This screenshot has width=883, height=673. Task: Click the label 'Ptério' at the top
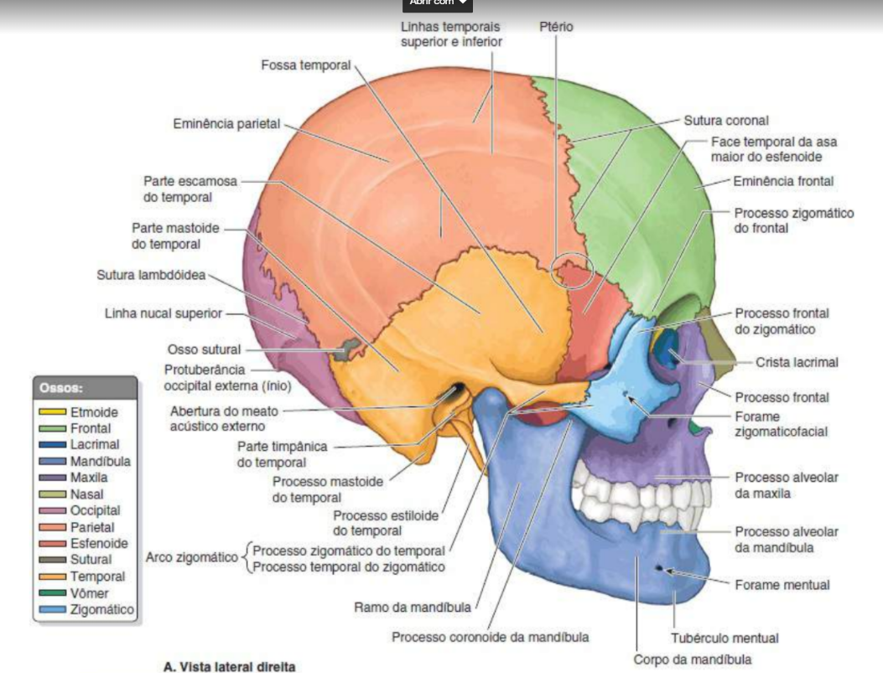pos(557,27)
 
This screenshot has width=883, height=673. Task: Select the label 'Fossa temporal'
pos(305,65)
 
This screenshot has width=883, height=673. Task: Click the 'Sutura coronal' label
pos(726,121)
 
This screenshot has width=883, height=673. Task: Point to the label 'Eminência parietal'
pos(226,124)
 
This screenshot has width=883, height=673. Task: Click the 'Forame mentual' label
pos(782,585)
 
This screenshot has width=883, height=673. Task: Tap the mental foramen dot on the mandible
pos(659,570)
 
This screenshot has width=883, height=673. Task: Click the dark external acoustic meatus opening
pos(458,391)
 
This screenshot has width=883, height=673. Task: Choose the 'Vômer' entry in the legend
pos(89,593)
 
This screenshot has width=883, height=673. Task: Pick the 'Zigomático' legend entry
pos(101,609)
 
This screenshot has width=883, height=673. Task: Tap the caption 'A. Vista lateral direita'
pos(231,667)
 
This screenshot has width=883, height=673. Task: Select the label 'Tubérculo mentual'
pos(725,638)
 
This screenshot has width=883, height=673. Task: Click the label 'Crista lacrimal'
pos(797,362)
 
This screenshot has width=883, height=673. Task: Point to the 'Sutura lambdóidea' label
pos(151,275)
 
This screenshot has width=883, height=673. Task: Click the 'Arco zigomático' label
pos(192,557)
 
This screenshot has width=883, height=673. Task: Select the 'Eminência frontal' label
pos(783,181)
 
